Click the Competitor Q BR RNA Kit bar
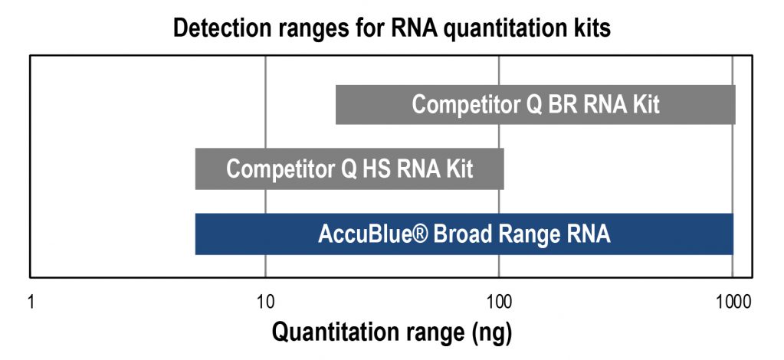coord(535,104)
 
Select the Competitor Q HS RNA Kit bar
coord(349,169)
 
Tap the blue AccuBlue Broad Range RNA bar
coord(464,234)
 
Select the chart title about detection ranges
coord(392,29)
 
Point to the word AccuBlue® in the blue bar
coord(372,234)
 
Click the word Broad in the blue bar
coord(460,234)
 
